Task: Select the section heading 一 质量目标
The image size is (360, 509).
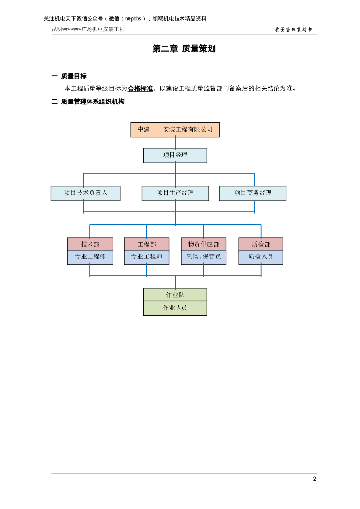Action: click(x=69, y=76)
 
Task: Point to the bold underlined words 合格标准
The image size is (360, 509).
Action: click(x=140, y=89)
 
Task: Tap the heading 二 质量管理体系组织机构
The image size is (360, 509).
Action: click(x=88, y=102)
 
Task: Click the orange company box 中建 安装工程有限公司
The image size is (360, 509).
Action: click(x=175, y=130)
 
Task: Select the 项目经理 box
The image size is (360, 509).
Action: click(x=175, y=155)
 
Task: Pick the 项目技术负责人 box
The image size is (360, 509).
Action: click(x=86, y=193)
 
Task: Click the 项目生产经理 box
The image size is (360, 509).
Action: click(x=175, y=193)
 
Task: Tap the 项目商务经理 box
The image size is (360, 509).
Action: click(x=253, y=193)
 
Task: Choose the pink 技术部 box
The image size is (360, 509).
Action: click(x=90, y=244)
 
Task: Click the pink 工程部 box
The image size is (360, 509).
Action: click(x=147, y=244)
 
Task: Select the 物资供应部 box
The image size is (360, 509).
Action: click(x=203, y=244)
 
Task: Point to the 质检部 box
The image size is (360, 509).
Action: click(x=261, y=244)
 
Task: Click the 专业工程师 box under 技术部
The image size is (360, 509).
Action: click(x=90, y=257)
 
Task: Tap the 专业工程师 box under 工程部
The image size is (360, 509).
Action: click(x=147, y=257)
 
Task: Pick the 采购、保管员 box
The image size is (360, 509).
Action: click(x=203, y=257)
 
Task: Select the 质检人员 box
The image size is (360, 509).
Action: click(x=261, y=257)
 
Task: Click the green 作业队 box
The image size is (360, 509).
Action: click(x=175, y=295)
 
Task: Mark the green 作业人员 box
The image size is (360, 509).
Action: click(x=175, y=308)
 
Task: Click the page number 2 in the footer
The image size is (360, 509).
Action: click(x=314, y=479)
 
